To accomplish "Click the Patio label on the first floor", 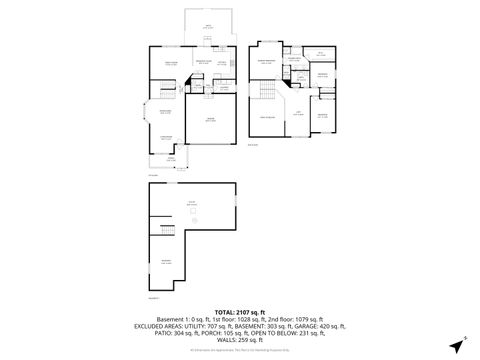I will pos(208,26).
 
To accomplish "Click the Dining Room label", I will pos(166,111).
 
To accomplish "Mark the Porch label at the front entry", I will pos(170,158).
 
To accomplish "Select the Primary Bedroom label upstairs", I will pos(268,62).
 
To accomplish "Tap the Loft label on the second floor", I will pos(296,112).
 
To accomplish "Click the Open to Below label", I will pos(268,117).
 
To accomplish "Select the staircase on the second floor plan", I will pos(266,93).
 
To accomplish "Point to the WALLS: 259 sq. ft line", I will pos(240,344).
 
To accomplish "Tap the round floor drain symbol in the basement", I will pos(195,221).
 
